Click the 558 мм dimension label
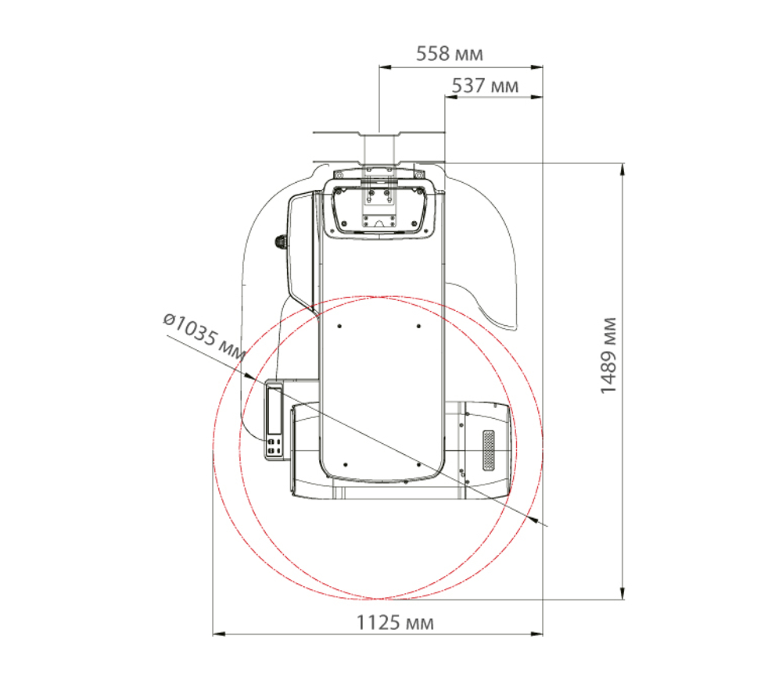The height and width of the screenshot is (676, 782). tap(450, 54)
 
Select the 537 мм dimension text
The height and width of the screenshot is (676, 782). tap(485, 86)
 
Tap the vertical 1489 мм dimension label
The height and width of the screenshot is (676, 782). tap(608, 356)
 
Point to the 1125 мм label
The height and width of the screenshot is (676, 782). tap(394, 623)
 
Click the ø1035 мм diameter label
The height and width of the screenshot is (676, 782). tap(204, 337)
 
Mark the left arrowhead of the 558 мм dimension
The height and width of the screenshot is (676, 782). tap(385, 66)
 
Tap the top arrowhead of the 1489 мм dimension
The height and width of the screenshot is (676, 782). tap(622, 169)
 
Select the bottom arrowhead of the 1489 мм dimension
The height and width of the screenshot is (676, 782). tap(622, 593)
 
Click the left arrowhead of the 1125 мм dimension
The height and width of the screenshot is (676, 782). tap(219, 634)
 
